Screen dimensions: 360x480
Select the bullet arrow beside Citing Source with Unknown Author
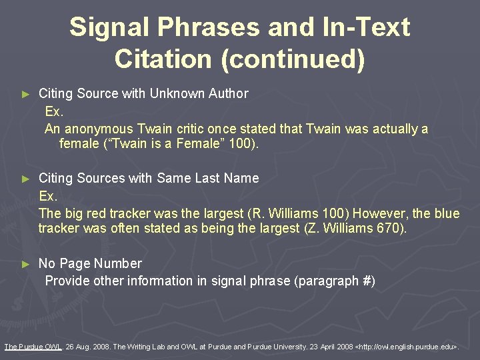point(26,94)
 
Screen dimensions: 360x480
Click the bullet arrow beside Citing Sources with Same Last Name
point(26,179)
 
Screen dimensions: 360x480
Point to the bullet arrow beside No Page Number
point(26,264)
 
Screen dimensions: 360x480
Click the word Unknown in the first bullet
point(174,93)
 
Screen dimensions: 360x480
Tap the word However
point(379,213)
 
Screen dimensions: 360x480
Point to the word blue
point(446,213)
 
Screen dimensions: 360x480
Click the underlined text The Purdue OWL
point(33,346)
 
